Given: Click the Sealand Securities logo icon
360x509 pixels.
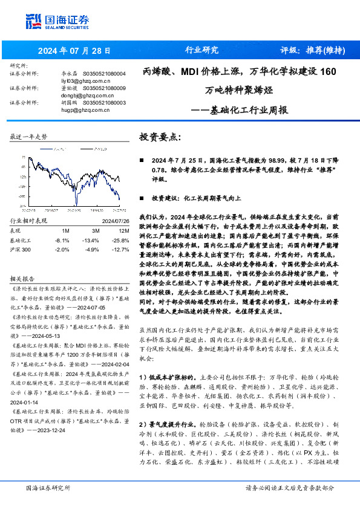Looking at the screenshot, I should click(34, 21).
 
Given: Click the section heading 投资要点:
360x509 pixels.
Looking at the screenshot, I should click(160, 137).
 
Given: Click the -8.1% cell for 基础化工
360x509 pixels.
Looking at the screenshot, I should click(62, 240).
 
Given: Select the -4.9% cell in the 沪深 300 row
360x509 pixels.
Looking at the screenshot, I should click(91, 249).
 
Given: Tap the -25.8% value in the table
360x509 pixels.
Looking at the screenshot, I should click(120, 240).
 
